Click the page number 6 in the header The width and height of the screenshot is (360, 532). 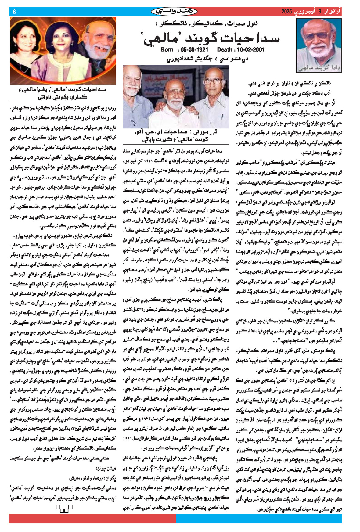[x=14, y=12]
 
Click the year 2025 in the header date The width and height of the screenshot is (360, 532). [x=286, y=12]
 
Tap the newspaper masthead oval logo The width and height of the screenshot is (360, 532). [x=174, y=12]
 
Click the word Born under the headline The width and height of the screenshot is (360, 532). [x=167, y=49]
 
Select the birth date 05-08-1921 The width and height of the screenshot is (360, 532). [x=194, y=49]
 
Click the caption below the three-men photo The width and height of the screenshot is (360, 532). [x=175, y=136]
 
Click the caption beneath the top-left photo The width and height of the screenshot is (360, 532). [x=63, y=93]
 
